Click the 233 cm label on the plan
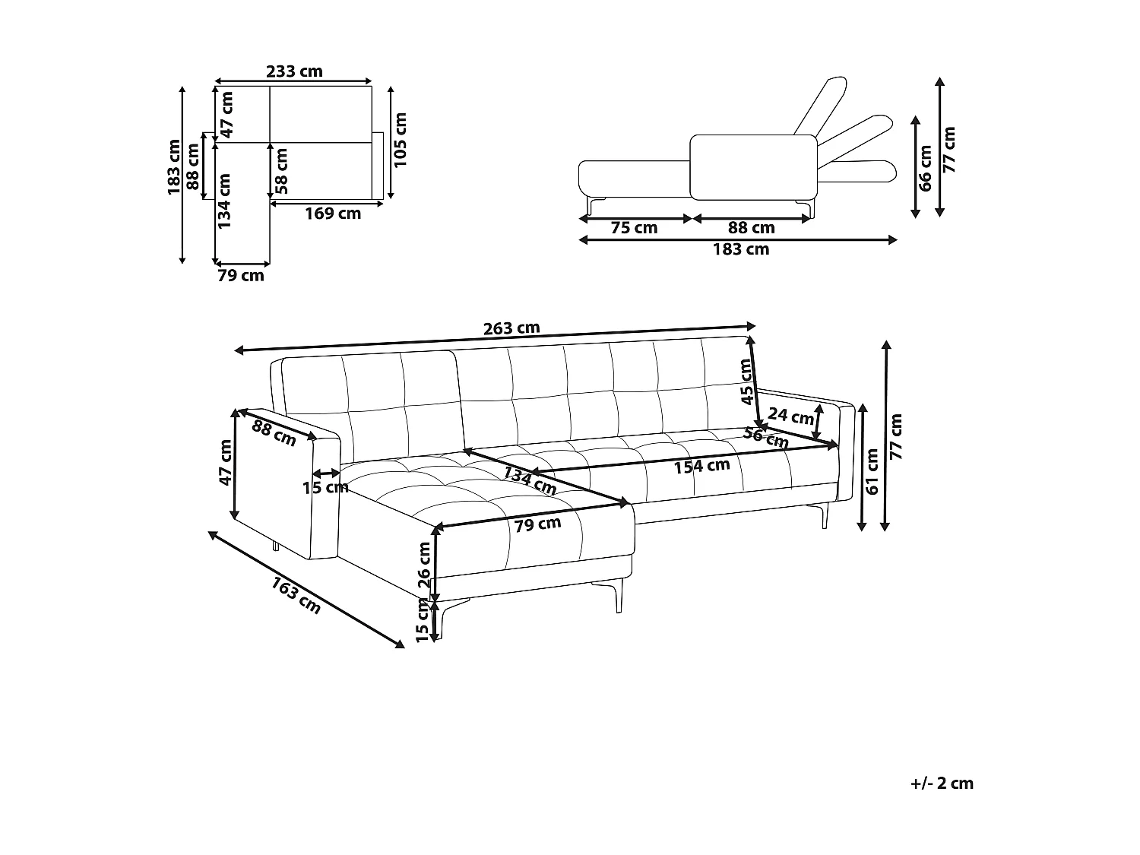(x=294, y=71)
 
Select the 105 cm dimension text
(x=401, y=140)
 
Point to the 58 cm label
(x=282, y=169)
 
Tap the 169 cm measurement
(x=333, y=214)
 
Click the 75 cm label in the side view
(x=634, y=228)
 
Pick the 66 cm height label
(x=925, y=167)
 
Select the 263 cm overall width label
(x=511, y=328)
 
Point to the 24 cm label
(x=790, y=416)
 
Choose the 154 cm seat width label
(x=701, y=466)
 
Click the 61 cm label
(x=872, y=472)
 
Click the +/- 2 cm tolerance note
(x=942, y=784)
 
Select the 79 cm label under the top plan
(x=241, y=276)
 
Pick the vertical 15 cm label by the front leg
(x=423, y=620)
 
